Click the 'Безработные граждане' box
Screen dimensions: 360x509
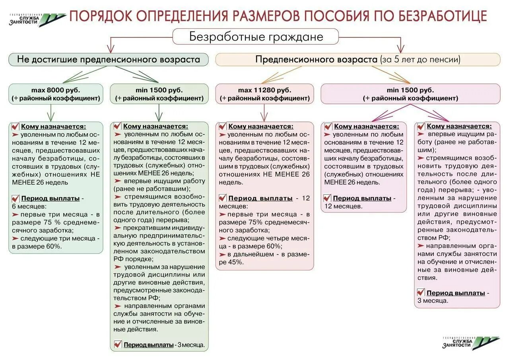click(x=255, y=37)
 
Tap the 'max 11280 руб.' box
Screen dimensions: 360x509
click(x=264, y=94)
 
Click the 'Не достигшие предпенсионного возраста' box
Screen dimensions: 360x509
click(x=108, y=60)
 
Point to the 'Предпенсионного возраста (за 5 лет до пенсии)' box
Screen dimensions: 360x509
click(x=357, y=60)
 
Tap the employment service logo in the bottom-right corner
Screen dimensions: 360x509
click(x=471, y=343)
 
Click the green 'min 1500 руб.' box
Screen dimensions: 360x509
click(x=159, y=94)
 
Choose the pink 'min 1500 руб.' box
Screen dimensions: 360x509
click(x=410, y=94)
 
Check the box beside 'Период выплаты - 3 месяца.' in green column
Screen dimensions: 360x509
click(x=118, y=344)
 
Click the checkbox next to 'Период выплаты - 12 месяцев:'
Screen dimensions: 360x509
click(x=223, y=198)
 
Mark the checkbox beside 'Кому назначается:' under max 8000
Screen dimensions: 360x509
click(x=16, y=126)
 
